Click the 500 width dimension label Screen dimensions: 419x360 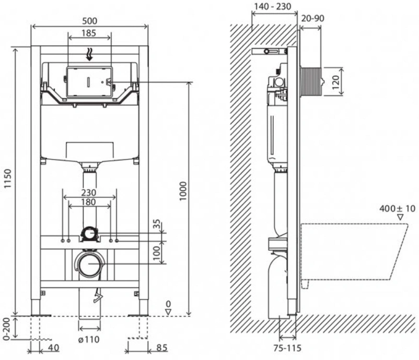pos(89,21)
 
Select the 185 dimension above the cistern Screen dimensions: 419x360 pos(89,33)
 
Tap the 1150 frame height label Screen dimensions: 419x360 pos(8,179)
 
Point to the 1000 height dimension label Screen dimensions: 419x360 pos(183,191)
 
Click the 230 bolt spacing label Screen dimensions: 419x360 pos(89,192)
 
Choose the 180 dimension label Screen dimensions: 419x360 pos(89,202)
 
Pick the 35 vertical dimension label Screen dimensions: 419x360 pos(157,224)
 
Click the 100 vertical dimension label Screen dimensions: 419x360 pos(157,253)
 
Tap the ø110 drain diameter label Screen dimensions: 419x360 pos(89,340)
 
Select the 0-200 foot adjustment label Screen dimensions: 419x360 pos(7,329)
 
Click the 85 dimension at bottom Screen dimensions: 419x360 pos(161,347)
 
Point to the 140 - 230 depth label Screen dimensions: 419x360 pos(272,6)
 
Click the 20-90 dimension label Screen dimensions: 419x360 pos(312,18)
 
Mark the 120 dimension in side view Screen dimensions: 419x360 pos(336,82)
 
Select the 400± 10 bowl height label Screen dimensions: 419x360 pos(398,208)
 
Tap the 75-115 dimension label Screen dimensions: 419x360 pos(287,347)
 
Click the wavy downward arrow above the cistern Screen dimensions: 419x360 pos(89,54)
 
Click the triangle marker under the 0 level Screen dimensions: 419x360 pos(168,311)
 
